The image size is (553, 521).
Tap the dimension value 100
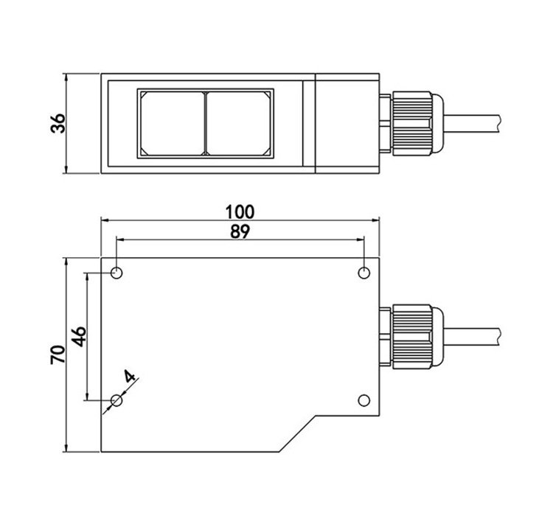click(240, 212)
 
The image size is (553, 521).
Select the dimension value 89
click(240, 231)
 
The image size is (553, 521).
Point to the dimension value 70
click(58, 354)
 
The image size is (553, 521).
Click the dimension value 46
click(79, 337)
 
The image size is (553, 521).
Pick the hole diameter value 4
click(130, 376)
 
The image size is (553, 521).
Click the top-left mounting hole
click(116, 273)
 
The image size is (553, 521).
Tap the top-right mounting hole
click(364, 273)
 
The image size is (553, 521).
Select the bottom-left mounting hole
click(116, 400)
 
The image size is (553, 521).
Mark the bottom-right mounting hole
click(364, 400)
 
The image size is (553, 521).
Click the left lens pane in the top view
click(172, 123)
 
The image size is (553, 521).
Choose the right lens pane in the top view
click(238, 123)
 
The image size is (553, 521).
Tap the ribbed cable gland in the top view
click(412, 123)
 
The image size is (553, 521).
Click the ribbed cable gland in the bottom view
click(412, 337)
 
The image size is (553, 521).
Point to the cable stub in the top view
click(472, 123)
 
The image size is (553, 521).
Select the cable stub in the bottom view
click(472, 337)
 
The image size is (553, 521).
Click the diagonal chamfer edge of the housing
click(297, 433)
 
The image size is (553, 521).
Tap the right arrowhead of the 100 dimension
click(375, 220)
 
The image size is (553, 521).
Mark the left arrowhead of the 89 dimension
click(121, 239)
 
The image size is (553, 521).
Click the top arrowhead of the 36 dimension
click(66, 78)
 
